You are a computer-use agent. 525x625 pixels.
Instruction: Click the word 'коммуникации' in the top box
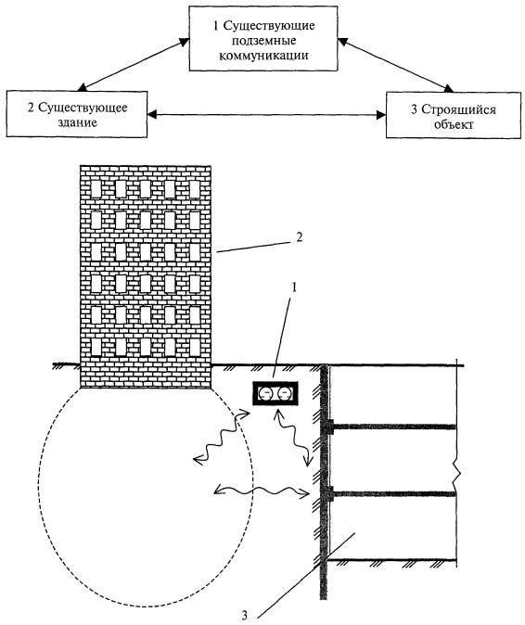pyautogui.click(x=264, y=55)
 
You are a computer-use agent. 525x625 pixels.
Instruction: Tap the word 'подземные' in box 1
pyautogui.click(x=264, y=41)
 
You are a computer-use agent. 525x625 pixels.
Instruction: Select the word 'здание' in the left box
pyautogui.click(x=77, y=122)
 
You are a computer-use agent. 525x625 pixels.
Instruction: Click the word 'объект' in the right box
pyautogui.click(x=454, y=124)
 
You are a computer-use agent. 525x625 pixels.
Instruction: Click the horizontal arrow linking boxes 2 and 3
pyautogui.click(x=266, y=115)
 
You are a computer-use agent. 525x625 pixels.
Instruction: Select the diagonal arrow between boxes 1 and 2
pyautogui.click(x=134, y=65)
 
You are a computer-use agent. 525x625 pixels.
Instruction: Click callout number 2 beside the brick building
pyautogui.click(x=300, y=236)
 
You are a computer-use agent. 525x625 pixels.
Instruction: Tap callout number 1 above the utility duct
pyautogui.click(x=295, y=287)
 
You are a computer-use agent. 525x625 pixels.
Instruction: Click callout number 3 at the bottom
pyautogui.click(x=244, y=615)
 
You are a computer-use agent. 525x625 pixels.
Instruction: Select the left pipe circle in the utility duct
pyautogui.click(x=264, y=394)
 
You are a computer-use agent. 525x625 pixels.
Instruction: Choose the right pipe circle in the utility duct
pyautogui.click(x=284, y=394)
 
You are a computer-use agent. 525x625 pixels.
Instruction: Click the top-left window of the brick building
pyautogui.click(x=96, y=188)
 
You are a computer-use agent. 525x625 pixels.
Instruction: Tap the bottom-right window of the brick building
pyautogui.click(x=195, y=347)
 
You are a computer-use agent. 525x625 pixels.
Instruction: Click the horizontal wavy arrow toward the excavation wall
pyautogui.click(x=262, y=491)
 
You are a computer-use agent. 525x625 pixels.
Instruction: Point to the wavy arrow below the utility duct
pyautogui.click(x=291, y=438)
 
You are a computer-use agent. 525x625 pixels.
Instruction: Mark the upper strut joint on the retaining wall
pyautogui.click(x=330, y=427)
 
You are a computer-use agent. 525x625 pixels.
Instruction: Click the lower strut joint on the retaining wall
pyautogui.click(x=330, y=494)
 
